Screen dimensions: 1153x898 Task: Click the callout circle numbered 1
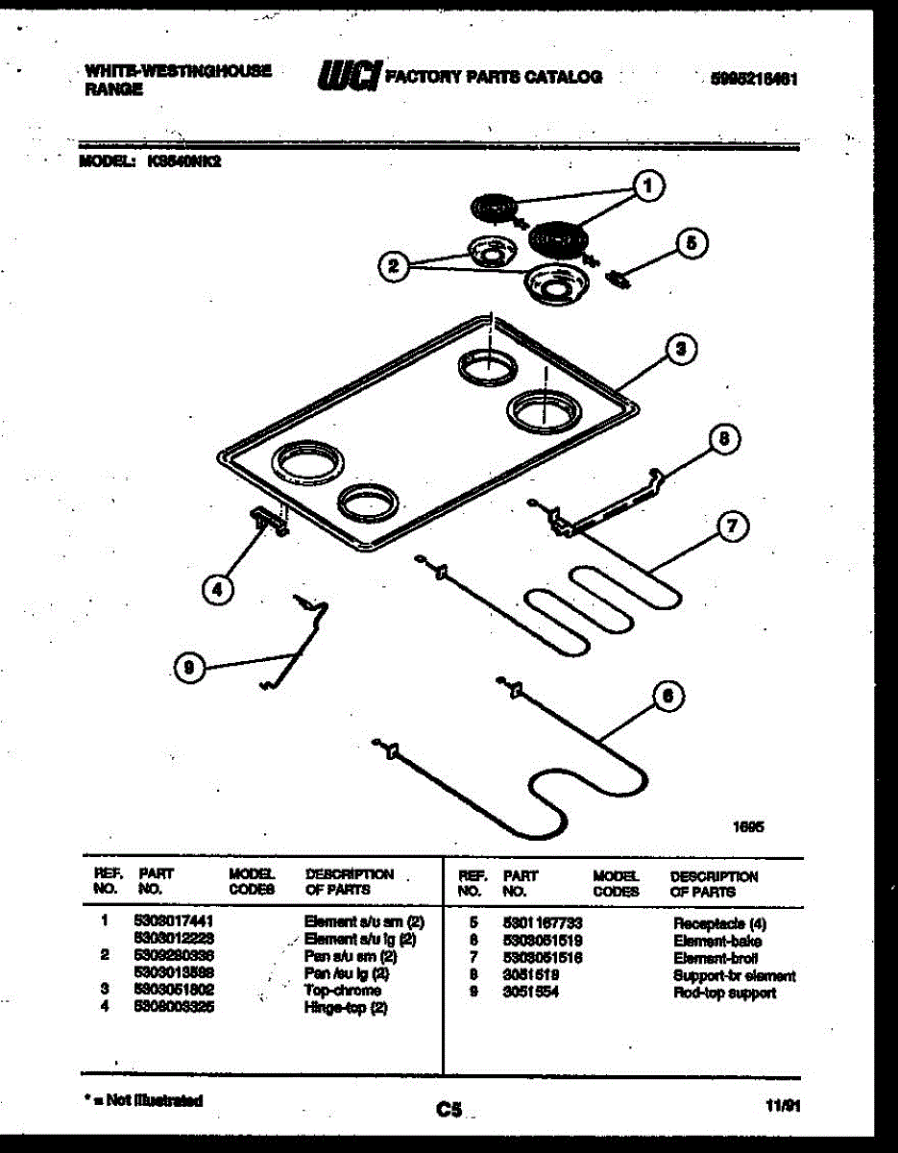(650, 186)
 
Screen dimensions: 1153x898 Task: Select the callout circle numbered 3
(680, 350)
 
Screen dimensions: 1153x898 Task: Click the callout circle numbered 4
(219, 591)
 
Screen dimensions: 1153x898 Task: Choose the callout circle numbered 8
(725, 440)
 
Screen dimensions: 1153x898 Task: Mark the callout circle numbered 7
(732, 526)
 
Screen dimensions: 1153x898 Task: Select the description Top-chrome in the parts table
(343, 991)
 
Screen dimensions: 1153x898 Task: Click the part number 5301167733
(544, 923)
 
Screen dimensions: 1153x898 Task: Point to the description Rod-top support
(725, 994)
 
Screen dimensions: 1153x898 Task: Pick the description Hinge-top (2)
(346, 1008)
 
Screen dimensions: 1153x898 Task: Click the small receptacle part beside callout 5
(619, 279)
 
